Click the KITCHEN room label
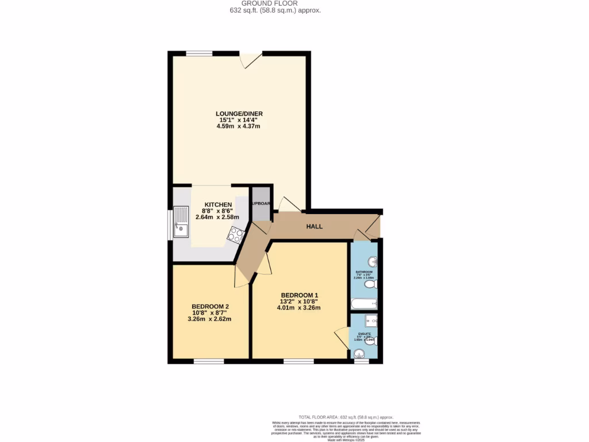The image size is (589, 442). pyautogui.click(x=218, y=205)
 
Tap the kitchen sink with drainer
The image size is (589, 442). pyautogui.click(x=181, y=222)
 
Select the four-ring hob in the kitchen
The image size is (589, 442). pyautogui.click(x=236, y=234)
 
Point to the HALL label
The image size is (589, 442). pyautogui.click(x=314, y=227)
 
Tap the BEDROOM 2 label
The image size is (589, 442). pyautogui.click(x=211, y=306)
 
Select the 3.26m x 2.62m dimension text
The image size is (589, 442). pyautogui.click(x=209, y=319)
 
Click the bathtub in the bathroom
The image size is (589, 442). pyautogui.click(x=364, y=303)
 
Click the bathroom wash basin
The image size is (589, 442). pyautogui.click(x=373, y=262)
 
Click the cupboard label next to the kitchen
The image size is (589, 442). pyautogui.click(x=260, y=203)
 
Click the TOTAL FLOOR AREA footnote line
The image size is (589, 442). pyautogui.click(x=346, y=417)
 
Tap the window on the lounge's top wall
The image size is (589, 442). pyautogui.click(x=199, y=53)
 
